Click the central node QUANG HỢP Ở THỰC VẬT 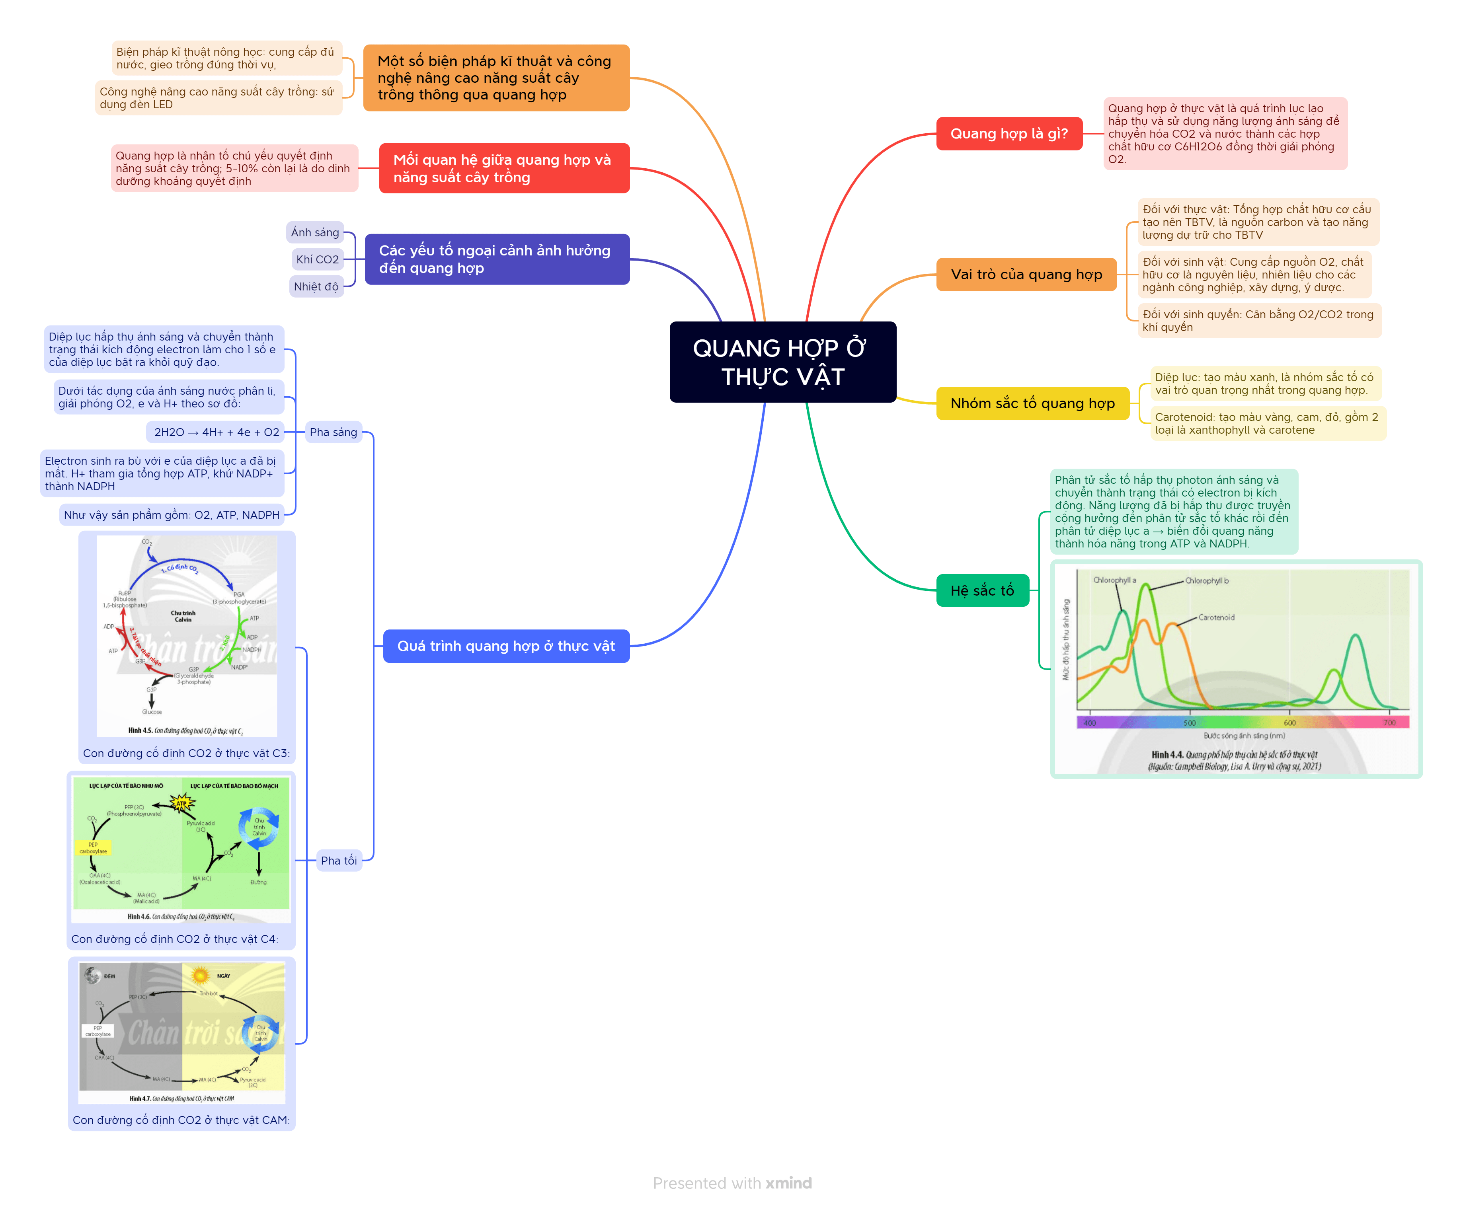pos(782,362)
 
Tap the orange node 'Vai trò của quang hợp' pos(1026,275)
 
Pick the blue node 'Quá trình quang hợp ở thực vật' pos(506,646)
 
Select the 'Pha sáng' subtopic pos(333,432)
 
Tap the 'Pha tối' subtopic pos(339,861)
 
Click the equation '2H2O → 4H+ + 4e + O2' pos(216,432)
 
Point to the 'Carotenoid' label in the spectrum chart pos(1216,618)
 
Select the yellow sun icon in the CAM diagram pos(201,976)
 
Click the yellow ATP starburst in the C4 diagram pos(182,804)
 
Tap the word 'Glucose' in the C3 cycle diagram pos(152,712)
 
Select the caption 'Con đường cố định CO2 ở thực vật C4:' pos(175,939)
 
